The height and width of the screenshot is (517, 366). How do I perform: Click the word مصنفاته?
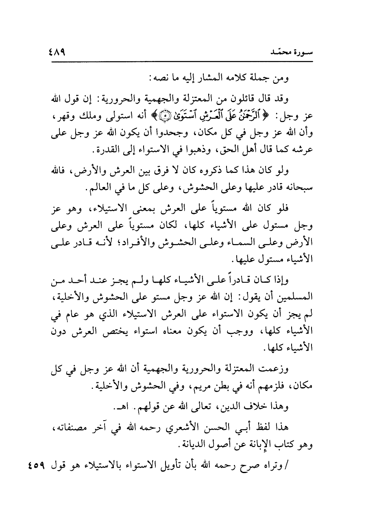click(69, 428)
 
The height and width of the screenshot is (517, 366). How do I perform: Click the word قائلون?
click(257, 98)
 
